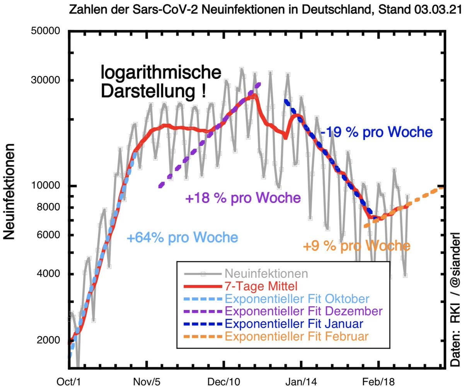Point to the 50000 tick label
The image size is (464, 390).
coord(46,31)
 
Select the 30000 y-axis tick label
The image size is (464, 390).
coord(46,80)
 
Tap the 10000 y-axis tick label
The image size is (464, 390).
coord(46,186)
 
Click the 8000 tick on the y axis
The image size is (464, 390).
coord(48,207)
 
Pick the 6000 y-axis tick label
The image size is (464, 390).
coord(48,235)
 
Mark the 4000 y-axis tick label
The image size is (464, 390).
coord(48,274)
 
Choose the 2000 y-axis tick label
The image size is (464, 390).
coord(48,340)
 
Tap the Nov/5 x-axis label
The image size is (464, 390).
coord(147,382)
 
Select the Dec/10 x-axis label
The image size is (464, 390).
coord(224,382)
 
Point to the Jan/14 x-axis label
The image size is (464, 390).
coord(301,382)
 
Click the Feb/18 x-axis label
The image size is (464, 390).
coord(379,382)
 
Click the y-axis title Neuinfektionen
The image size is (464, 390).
coord(9,191)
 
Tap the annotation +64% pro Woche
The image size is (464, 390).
coord(182,237)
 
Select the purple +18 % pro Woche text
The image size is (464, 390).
coord(243,198)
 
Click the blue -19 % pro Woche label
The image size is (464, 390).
coord(376,132)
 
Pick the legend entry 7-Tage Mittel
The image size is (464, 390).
coord(261,286)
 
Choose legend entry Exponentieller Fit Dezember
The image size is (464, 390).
coord(304,311)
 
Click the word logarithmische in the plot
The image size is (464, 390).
coord(161,73)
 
